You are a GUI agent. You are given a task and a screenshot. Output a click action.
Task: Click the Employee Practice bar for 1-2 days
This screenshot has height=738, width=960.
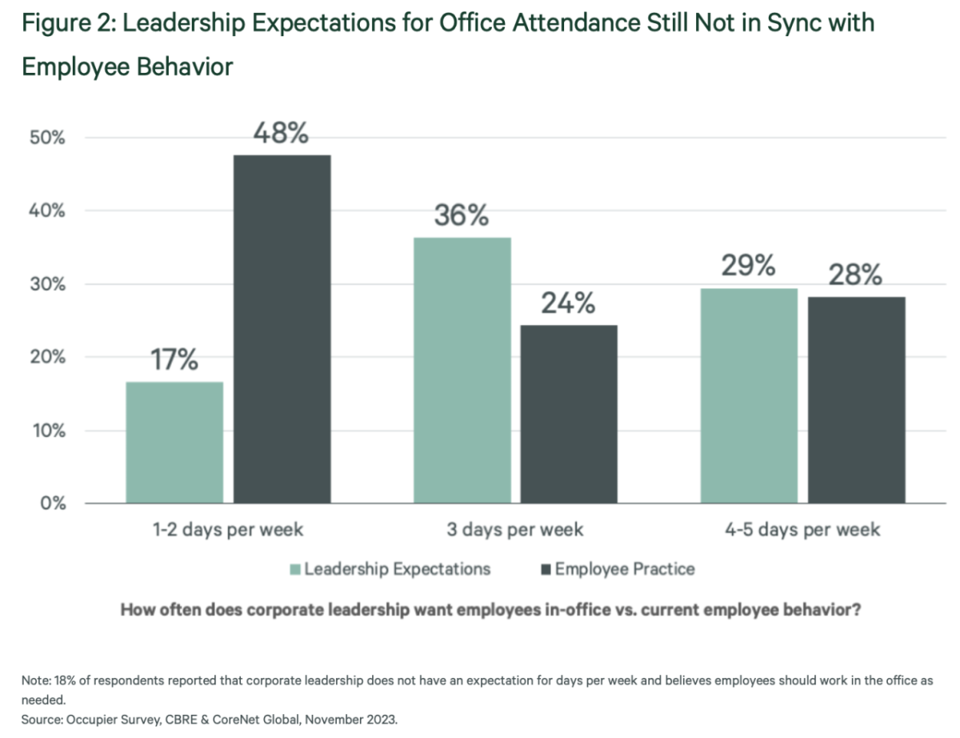coord(282,329)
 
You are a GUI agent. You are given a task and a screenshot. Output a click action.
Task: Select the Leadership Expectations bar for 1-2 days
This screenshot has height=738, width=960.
coord(174,443)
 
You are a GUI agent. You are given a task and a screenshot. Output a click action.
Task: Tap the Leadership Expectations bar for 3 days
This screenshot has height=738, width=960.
coord(462,371)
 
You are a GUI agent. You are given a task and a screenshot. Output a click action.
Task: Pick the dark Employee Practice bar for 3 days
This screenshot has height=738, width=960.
coord(569,414)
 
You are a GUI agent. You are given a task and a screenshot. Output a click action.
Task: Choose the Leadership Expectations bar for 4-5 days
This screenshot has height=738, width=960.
coord(749,395)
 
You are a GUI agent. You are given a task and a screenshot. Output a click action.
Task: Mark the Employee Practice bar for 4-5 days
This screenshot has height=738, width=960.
coord(856,399)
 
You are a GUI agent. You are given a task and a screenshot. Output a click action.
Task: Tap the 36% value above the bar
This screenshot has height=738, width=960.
coord(461,215)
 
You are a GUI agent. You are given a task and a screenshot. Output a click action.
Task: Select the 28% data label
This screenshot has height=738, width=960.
coord(855,275)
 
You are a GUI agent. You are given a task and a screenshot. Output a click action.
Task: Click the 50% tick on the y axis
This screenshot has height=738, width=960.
coord(47,138)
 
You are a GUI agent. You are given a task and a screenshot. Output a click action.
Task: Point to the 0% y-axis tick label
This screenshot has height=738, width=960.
coord(52,503)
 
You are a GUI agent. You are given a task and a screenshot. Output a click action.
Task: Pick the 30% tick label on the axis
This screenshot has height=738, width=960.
coord(47,284)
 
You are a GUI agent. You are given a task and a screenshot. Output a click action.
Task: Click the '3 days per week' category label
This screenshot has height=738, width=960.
coord(515,530)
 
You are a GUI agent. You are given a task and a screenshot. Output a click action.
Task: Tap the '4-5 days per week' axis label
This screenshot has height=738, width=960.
coord(802,530)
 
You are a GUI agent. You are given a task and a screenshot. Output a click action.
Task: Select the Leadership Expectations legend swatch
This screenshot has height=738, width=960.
coord(295,570)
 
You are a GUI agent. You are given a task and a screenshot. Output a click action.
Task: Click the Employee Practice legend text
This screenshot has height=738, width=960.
coord(625,570)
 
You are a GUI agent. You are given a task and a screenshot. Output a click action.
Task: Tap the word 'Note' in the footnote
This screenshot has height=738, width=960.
coord(35,680)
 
